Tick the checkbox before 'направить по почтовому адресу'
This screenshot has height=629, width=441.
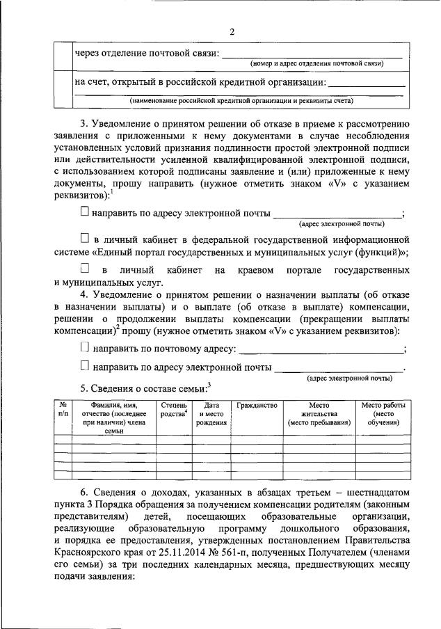click(85, 347)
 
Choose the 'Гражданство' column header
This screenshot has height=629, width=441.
click(257, 406)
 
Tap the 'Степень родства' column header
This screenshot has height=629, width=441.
click(173, 410)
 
